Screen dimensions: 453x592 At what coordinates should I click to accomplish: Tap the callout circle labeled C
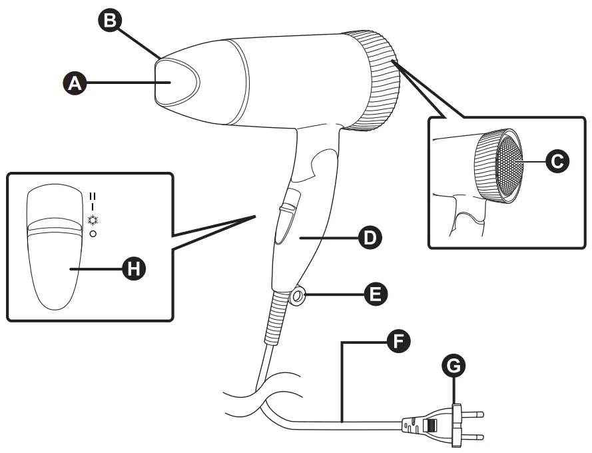pos(556,160)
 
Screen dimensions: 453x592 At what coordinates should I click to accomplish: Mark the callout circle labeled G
pos(455,366)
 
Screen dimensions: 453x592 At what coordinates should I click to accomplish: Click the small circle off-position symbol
pos(93,234)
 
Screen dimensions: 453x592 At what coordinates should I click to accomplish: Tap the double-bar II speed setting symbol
pos(93,196)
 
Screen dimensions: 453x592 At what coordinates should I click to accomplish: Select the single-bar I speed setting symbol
pos(93,207)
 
